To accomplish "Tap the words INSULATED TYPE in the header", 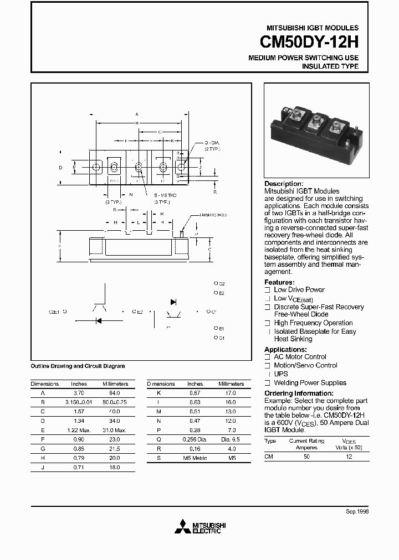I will [330, 66].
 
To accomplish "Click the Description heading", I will [284, 184].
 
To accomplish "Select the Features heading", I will [279, 282].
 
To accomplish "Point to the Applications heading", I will [285, 350].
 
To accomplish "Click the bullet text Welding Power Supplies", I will [310, 383].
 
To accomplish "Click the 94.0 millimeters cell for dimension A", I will [115, 392].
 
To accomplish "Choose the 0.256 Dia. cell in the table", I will [195, 438].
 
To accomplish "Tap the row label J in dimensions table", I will [43, 468].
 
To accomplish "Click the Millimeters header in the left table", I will [115, 383].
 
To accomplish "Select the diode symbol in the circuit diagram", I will [173, 302].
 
